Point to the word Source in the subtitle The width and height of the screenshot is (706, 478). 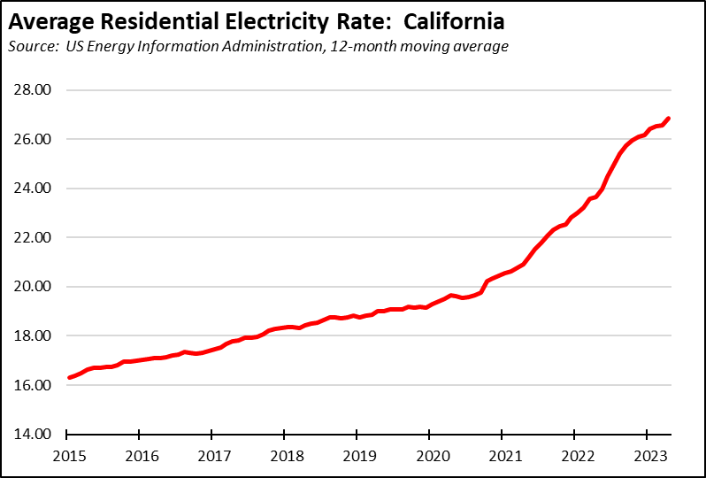[35, 46]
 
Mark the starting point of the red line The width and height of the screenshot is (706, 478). [68, 378]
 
